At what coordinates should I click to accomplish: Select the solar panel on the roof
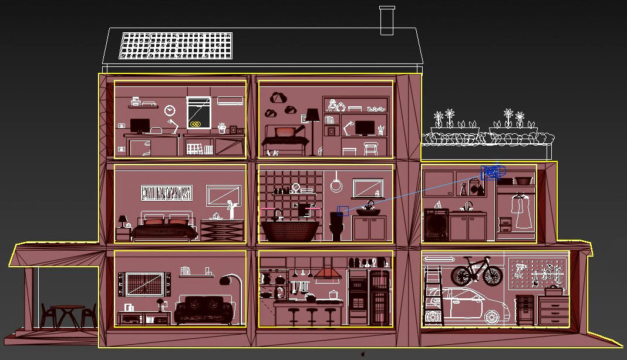[176, 45]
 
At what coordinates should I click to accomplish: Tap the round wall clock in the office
[170, 110]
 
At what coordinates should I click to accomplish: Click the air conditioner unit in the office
[231, 100]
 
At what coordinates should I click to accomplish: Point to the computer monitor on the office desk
[140, 126]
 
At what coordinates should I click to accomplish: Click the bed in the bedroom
[164, 228]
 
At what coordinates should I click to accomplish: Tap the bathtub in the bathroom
[290, 230]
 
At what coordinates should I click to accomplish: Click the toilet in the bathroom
[337, 227]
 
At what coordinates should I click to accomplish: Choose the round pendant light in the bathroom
[336, 185]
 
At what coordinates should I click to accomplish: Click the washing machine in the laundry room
[436, 226]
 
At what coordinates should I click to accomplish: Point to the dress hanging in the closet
[521, 211]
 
